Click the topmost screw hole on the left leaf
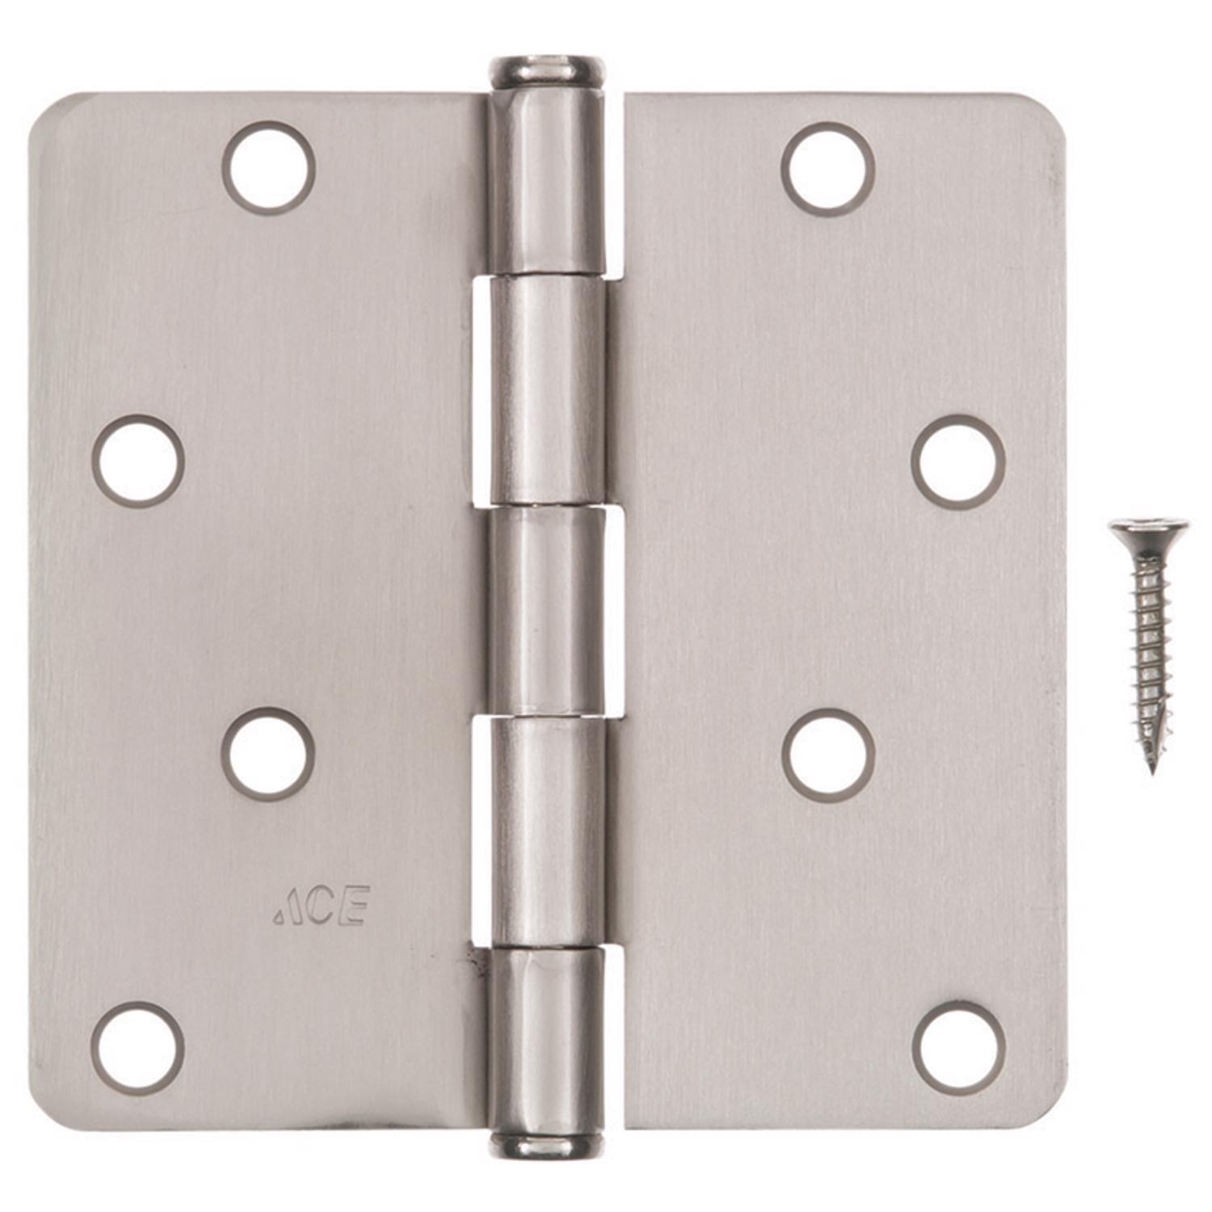[x=268, y=168]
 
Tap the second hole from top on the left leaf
[x=138, y=461]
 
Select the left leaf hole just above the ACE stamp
[x=268, y=754]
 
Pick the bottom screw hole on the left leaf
[x=138, y=1048]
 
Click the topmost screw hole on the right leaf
[x=828, y=169]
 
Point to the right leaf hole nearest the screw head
[x=958, y=462]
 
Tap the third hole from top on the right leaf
[x=828, y=755]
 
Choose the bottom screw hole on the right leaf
[x=959, y=1048]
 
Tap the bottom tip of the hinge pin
[x=546, y=1145]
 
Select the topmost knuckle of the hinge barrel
[x=547, y=182]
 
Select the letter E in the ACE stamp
[x=355, y=906]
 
